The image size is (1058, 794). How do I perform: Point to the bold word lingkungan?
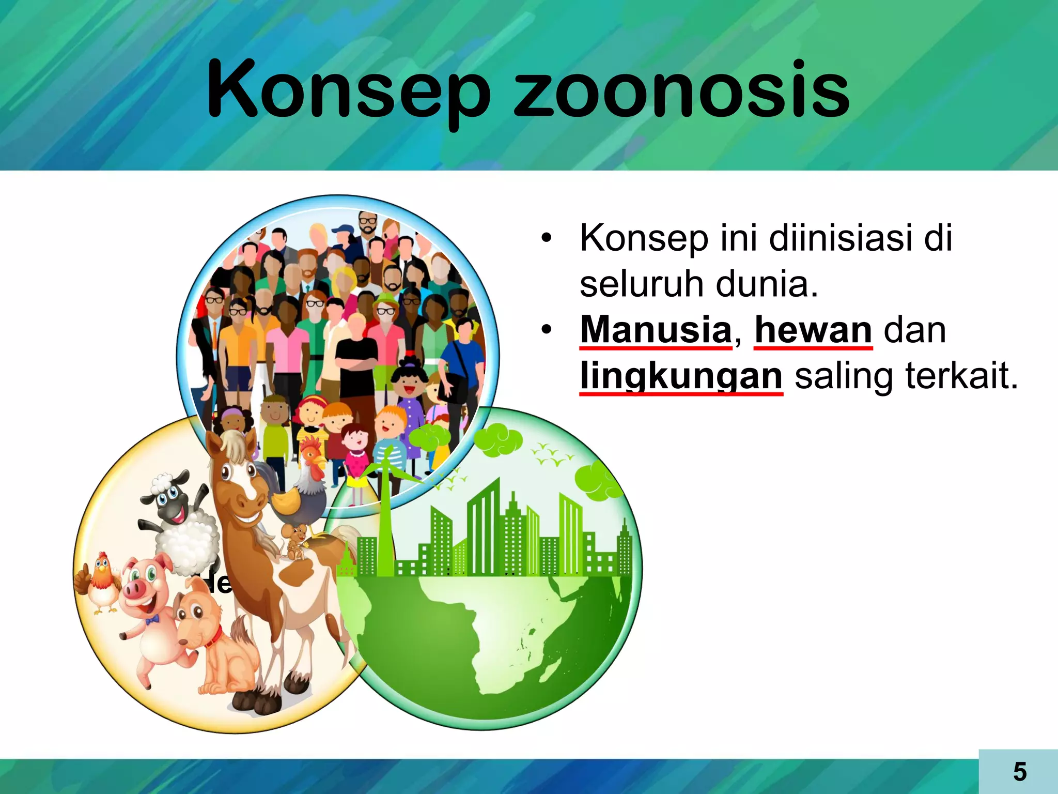click(x=681, y=376)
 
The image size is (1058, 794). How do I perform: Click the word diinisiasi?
click(x=840, y=238)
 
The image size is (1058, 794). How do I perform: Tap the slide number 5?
click(x=1019, y=772)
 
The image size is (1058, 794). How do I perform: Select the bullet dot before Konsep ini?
click(x=546, y=239)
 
